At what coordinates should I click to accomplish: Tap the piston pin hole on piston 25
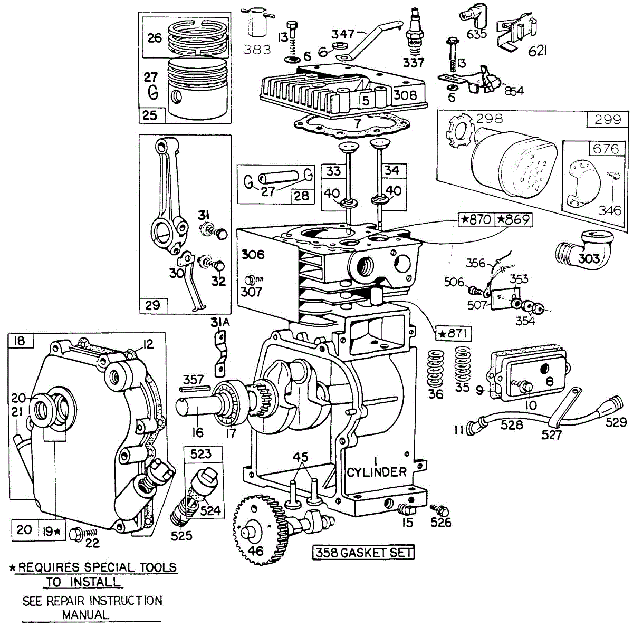coord(177,98)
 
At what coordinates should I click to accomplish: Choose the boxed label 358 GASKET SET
coord(363,552)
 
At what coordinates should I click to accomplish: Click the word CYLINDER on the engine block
coord(377,472)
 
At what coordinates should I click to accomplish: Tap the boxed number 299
coord(608,120)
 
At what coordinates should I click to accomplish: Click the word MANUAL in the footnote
coord(85,614)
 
